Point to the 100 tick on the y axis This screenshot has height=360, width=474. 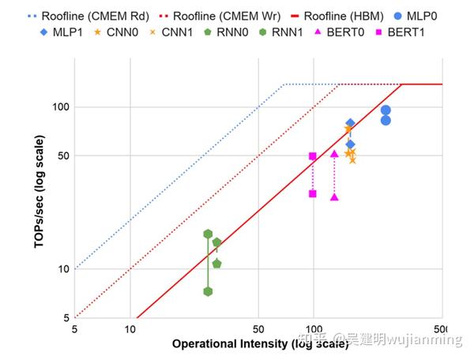(x=61, y=107)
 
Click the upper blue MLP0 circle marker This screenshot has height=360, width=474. (x=386, y=111)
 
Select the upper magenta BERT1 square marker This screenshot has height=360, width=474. (x=313, y=156)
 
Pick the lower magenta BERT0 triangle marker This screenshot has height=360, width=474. (x=334, y=197)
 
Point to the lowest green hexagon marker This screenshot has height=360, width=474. (x=208, y=291)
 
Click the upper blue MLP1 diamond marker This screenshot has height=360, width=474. (x=350, y=124)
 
